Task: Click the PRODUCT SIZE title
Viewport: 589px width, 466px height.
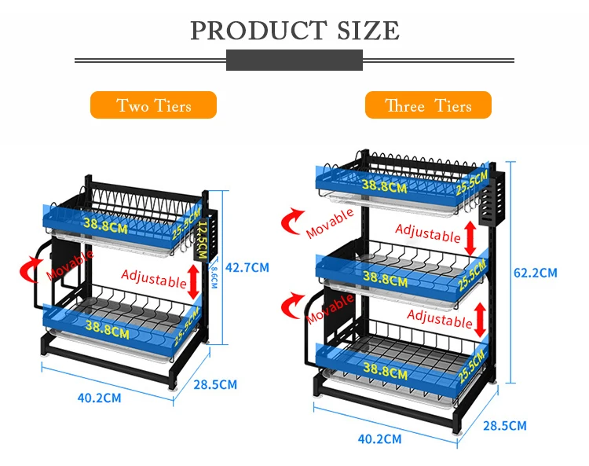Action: (294, 31)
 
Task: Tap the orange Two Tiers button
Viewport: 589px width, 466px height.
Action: (153, 105)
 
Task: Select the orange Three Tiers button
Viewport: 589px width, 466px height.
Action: (428, 105)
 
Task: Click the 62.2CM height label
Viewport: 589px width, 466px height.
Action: (535, 273)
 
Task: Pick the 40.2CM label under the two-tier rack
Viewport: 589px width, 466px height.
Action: (99, 398)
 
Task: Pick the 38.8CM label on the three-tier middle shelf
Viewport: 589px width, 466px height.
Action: (384, 277)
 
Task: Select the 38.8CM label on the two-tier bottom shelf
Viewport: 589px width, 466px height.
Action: (108, 330)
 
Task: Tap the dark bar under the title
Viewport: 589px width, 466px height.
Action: (294, 60)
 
